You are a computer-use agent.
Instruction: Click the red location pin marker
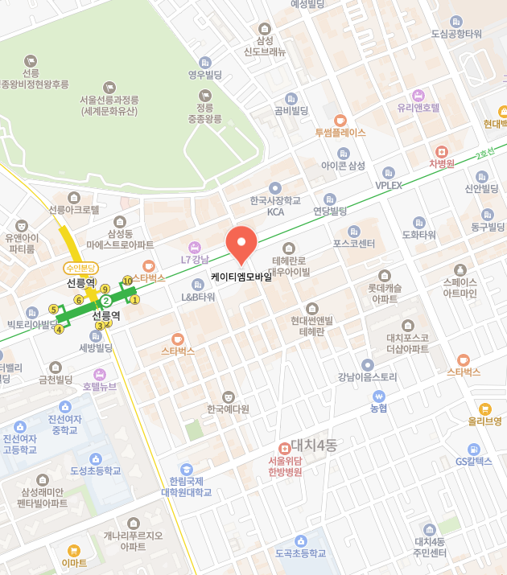[x=241, y=244]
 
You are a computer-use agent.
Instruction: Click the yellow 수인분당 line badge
[x=80, y=268]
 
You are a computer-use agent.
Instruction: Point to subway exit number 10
[x=127, y=281]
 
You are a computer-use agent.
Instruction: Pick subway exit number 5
[x=54, y=309]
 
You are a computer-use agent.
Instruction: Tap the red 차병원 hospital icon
[x=441, y=151]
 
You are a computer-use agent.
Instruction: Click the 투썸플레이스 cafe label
[x=340, y=132]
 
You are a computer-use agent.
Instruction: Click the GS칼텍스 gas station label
[x=473, y=461]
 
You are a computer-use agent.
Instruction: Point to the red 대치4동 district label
[x=312, y=445]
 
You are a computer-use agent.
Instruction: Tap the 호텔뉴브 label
[x=100, y=386]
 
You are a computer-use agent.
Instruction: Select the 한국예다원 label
[x=228, y=409]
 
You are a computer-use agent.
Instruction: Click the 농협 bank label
[x=378, y=408]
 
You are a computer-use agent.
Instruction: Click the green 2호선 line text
[x=484, y=154]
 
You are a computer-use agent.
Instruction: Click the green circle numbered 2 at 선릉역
[x=105, y=301]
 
